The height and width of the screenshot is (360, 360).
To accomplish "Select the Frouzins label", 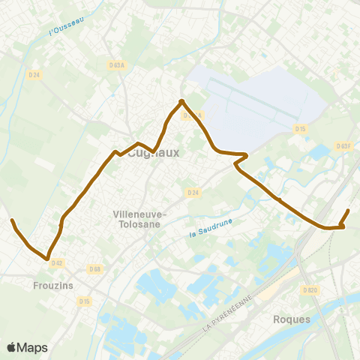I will pyautogui.click(x=52, y=285).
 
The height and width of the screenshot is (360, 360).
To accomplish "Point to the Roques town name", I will pyautogui.click(x=292, y=319).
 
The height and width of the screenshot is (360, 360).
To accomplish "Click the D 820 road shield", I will pyautogui.click(x=309, y=289).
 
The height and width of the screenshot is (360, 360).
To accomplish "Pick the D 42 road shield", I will pyautogui.click(x=56, y=262).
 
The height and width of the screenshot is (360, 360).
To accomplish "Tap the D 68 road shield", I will pyautogui.click(x=94, y=268).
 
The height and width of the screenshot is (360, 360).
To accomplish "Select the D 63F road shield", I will pyautogui.click(x=343, y=146).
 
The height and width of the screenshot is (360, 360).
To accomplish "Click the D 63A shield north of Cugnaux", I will pyautogui.click(x=116, y=65).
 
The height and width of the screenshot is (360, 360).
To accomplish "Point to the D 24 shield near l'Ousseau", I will pyautogui.click(x=34, y=74).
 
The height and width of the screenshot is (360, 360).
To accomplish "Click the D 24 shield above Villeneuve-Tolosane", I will pyautogui.click(x=193, y=193).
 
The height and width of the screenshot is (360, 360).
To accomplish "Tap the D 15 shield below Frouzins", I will pyautogui.click(x=85, y=301).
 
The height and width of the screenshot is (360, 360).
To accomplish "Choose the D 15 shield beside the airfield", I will pyautogui.click(x=301, y=129).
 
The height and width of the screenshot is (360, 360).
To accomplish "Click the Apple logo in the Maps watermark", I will pyautogui.click(x=12, y=347).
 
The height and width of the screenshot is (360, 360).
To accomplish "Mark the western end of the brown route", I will pyautogui.click(x=12, y=220).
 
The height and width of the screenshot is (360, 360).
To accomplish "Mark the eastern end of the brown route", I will pyautogui.click(x=349, y=211).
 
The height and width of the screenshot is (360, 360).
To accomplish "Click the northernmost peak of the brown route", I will pyautogui.click(x=181, y=101).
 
